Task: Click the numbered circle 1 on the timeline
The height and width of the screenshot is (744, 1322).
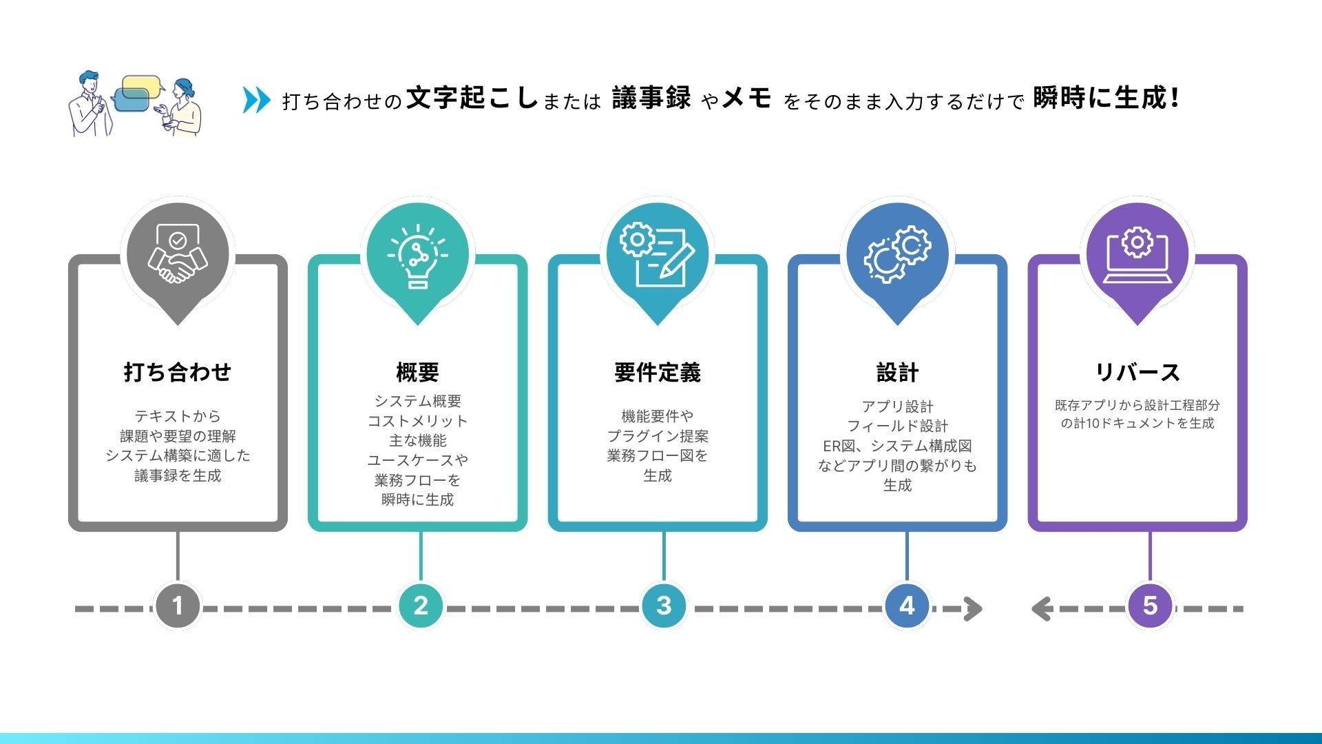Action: (178, 606)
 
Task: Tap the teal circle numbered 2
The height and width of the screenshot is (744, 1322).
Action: (421, 606)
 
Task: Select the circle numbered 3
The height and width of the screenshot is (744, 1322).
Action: (664, 606)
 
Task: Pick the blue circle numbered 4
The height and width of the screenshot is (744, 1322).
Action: (907, 606)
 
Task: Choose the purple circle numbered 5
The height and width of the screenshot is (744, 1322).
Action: (1150, 606)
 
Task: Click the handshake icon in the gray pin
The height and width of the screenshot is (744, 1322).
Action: (178, 254)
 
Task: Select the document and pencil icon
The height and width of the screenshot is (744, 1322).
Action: (657, 254)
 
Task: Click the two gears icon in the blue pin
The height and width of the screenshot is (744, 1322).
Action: (897, 254)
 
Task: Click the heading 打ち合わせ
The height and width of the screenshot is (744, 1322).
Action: (178, 372)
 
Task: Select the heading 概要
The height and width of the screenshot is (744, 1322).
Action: (417, 372)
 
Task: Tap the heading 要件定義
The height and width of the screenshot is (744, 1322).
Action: (657, 372)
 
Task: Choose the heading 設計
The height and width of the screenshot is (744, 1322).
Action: (897, 372)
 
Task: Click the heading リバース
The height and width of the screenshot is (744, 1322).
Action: (1137, 372)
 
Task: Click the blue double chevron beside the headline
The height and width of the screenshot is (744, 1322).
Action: (256, 100)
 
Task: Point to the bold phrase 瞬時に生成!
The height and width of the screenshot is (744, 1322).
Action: (1106, 99)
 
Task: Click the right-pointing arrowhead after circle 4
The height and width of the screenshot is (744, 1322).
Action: (973, 609)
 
